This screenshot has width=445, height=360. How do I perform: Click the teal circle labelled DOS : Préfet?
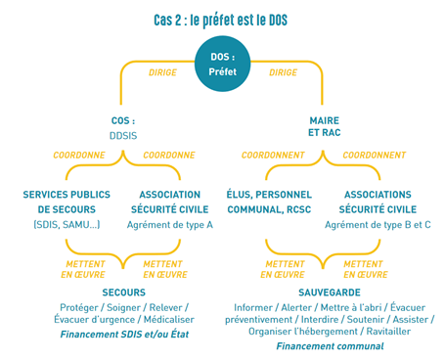point(222,64)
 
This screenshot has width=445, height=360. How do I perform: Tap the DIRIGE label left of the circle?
point(162,72)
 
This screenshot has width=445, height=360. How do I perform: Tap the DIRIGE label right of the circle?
point(283,72)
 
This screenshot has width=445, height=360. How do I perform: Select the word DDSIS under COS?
point(122,136)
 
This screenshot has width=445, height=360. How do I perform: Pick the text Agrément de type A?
point(170,224)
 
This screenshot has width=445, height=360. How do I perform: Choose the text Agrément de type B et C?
point(378,224)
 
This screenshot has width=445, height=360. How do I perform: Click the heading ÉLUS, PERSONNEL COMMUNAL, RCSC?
point(269,202)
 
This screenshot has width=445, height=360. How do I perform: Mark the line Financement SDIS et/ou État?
point(124,334)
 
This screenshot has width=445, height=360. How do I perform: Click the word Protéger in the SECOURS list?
point(80,307)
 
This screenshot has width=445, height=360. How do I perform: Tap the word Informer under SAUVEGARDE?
point(254,307)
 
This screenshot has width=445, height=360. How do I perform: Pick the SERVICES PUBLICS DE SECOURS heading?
point(67,202)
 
